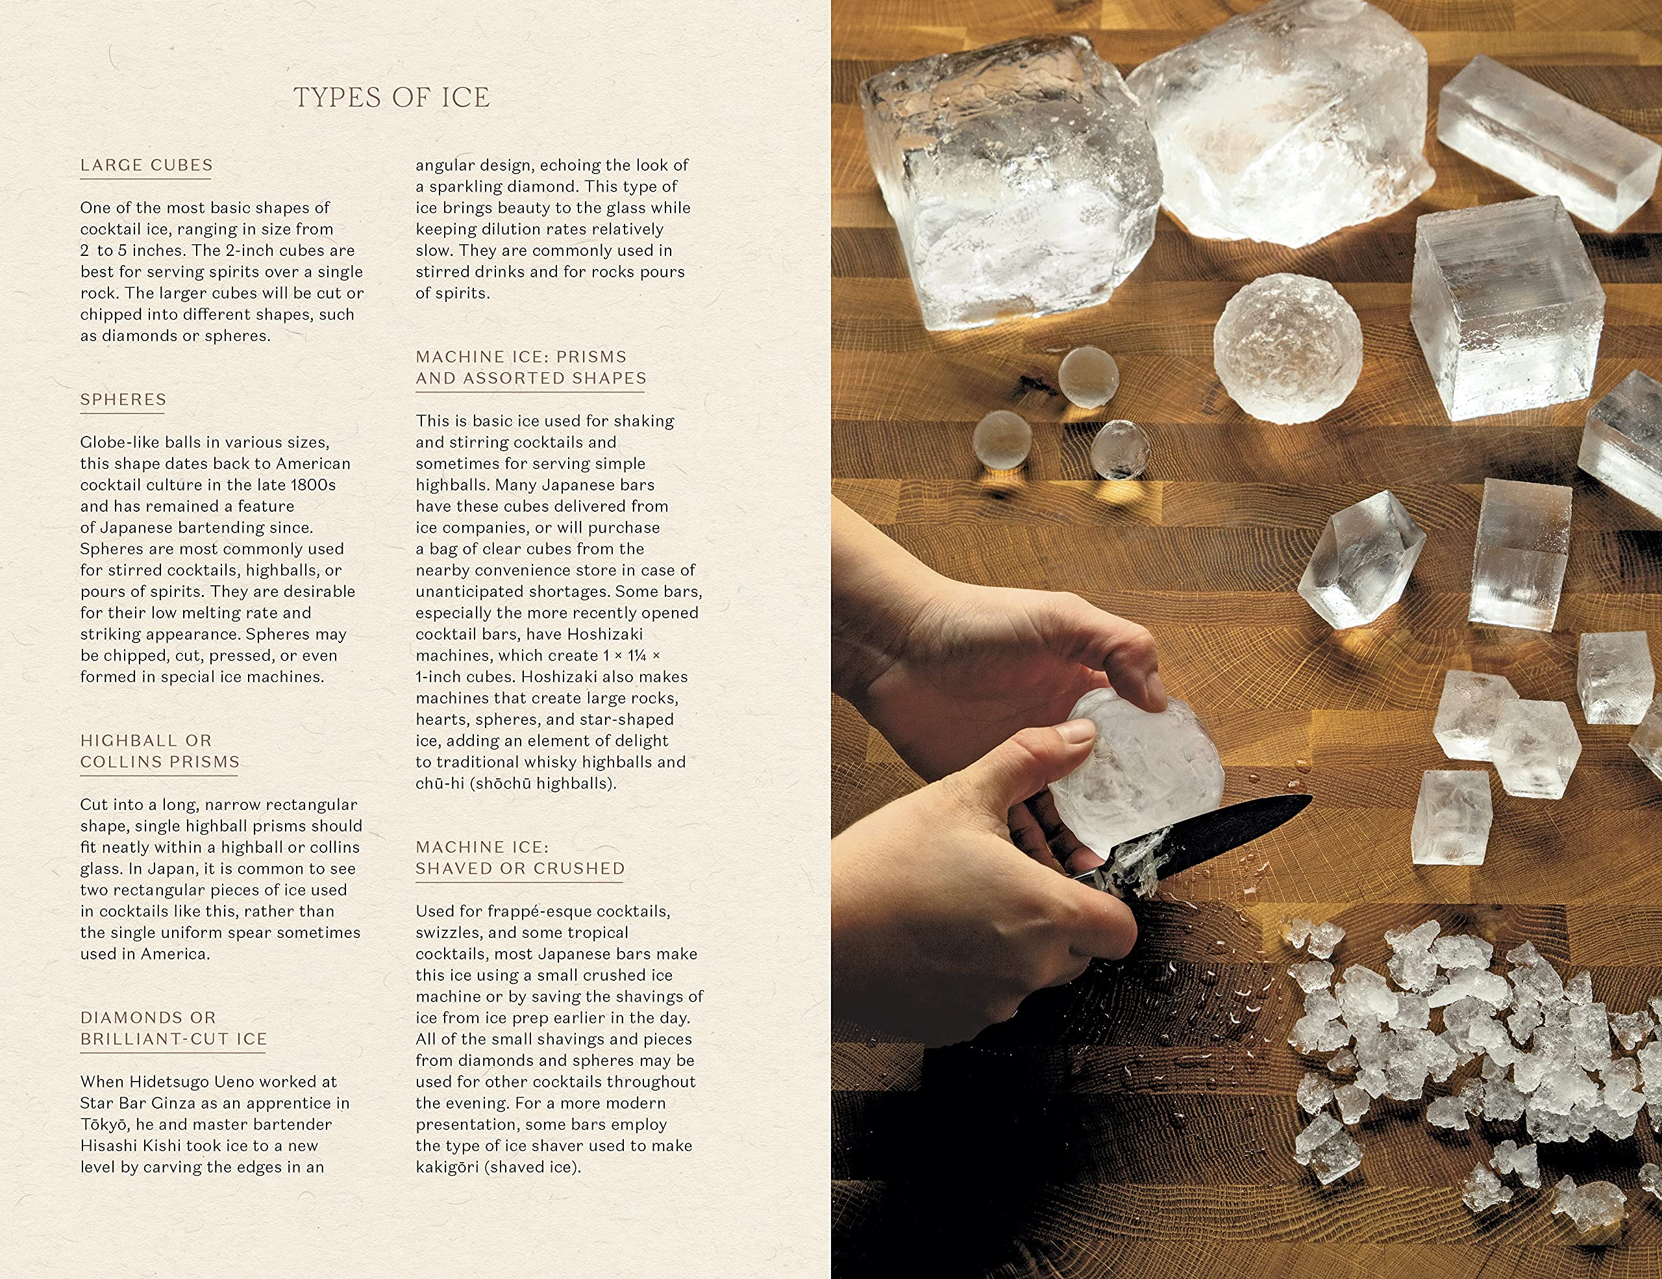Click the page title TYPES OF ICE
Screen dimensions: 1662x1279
pyautogui.click(x=392, y=97)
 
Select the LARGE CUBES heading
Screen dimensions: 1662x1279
pyautogui.click(x=146, y=165)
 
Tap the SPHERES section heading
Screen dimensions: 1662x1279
pyautogui.click(x=123, y=399)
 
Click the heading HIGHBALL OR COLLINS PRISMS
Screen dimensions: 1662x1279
pyautogui.click(x=160, y=751)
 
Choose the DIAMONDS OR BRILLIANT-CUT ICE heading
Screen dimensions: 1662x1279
pyautogui.click(x=173, y=1028)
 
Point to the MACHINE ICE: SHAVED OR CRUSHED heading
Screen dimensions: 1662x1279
pyautogui.click(x=521, y=857)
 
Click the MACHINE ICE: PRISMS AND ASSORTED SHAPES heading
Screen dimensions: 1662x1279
pyautogui.click(x=531, y=367)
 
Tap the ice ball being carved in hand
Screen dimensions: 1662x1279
pyautogui.click(x=1137, y=773)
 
